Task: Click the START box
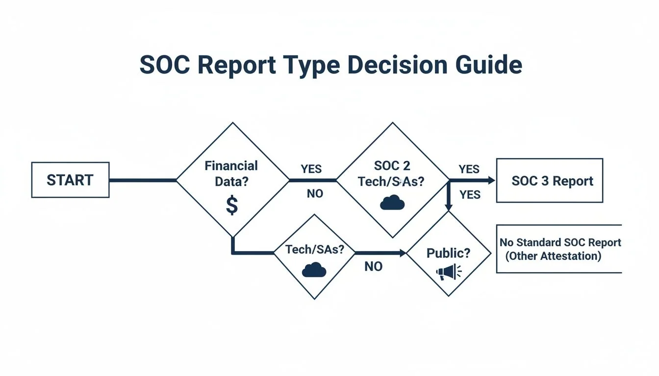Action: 70,180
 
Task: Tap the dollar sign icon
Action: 232,206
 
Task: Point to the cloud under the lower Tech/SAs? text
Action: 314,270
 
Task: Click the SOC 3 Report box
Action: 549,181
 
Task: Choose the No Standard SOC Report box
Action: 559,249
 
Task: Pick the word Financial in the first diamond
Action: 231,165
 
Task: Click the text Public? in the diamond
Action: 448,253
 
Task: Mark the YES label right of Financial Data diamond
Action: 311,169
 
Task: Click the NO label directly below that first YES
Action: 315,194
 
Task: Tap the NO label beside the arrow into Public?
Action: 374,267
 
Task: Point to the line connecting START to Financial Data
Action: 142,180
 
